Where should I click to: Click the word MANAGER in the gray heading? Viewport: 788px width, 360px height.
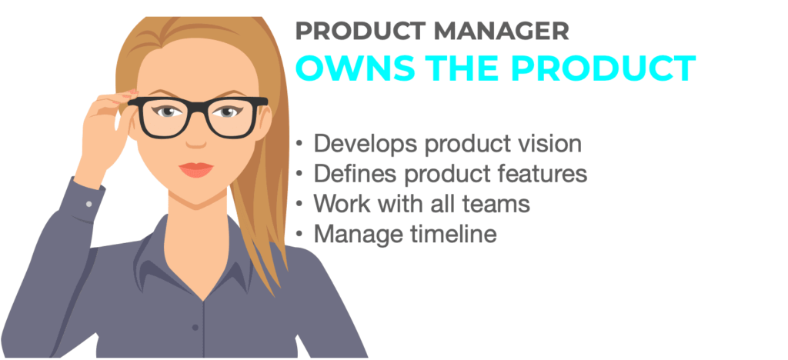pos(502,32)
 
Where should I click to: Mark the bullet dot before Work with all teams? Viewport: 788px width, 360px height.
pos(299,205)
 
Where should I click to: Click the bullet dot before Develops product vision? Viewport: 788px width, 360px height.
pos(299,145)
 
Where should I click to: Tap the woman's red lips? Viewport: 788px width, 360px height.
pos(196,170)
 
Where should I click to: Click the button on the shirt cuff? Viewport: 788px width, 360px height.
pos(89,205)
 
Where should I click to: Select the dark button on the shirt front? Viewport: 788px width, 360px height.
pos(195,328)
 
